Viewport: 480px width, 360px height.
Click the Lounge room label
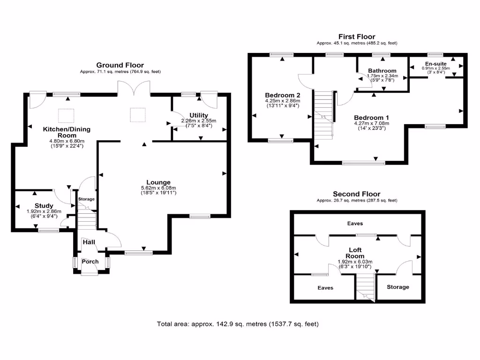pyautogui.click(x=158, y=182)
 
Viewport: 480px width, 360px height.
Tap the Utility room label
pyautogui.click(x=199, y=115)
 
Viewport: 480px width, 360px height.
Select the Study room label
pyautogui.click(x=44, y=206)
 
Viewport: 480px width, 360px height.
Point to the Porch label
pyautogui.click(x=90, y=262)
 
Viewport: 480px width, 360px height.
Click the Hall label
pyautogui.click(x=89, y=242)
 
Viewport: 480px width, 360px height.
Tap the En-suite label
pyautogui.click(x=436, y=63)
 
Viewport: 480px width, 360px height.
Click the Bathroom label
pyautogui.click(x=382, y=71)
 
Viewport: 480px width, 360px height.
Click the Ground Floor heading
pyautogui.click(x=120, y=65)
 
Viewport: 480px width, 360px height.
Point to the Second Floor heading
pyautogui.click(x=356, y=194)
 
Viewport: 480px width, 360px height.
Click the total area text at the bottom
pyautogui.click(x=240, y=324)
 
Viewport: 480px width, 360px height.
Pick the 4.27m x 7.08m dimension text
pyautogui.click(x=371, y=123)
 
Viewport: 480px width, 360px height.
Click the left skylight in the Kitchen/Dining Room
pyautogui.click(x=65, y=114)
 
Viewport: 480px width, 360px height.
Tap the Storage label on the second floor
pyautogui.click(x=397, y=287)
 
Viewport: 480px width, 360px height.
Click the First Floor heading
pyautogui.click(x=357, y=37)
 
